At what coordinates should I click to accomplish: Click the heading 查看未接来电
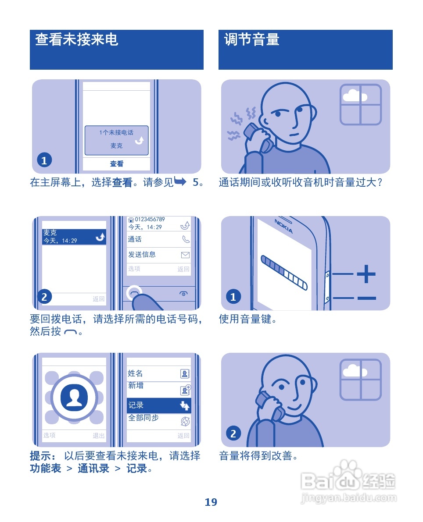click(76, 40)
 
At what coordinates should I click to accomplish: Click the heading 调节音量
click(251, 40)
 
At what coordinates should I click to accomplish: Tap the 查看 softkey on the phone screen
click(116, 164)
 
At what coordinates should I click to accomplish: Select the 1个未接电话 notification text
click(116, 132)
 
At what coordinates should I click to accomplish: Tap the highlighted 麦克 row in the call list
click(74, 237)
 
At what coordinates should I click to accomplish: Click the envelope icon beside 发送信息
click(185, 255)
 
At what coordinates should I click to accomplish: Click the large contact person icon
click(74, 397)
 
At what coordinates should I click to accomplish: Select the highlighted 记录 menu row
click(158, 405)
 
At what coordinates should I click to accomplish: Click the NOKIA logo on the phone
click(284, 226)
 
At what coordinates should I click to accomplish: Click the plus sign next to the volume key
click(366, 274)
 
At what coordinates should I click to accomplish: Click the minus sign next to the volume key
click(366, 298)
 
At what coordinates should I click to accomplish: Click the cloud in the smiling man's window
click(355, 370)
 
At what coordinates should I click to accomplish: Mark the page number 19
click(211, 502)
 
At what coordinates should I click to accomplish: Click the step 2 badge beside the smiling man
click(233, 433)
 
